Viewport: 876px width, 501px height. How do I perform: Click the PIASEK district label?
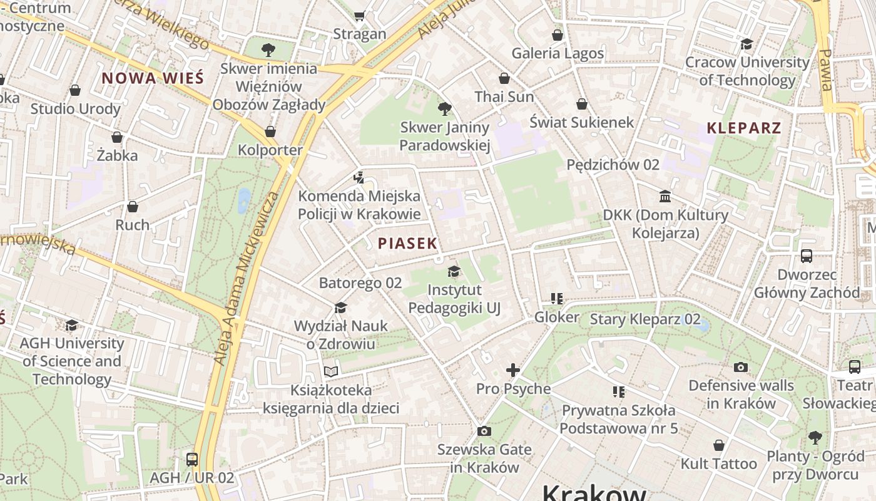(x=407, y=244)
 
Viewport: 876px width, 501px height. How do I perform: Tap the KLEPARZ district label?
(x=743, y=128)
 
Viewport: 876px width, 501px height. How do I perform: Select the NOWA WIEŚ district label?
(x=153, y=78)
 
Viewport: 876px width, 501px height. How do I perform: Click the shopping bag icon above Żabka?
(x=117, y=137)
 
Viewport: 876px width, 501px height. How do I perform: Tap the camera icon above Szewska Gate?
(x=484, y=431)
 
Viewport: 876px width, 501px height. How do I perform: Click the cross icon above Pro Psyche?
(x=513, y=370)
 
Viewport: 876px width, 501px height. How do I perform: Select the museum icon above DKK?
(x=665, y=197)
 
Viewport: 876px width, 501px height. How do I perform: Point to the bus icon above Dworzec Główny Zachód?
(x=807, y=256)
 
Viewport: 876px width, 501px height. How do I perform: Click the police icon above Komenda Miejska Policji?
(x=359, y=178)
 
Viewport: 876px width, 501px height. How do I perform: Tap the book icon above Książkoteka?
(x=330, y=372)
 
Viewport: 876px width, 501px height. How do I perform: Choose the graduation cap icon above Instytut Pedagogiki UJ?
(x=454, y=271)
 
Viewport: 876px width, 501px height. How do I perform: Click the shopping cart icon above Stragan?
(x=359, y=16)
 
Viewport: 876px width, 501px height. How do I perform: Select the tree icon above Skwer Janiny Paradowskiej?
(x=444, y=109)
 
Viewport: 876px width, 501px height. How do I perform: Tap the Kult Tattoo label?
(x=719, y=464)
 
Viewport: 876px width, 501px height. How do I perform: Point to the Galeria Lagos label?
(x=558, y=53)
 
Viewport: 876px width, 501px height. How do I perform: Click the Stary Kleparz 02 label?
(x=645, y=319)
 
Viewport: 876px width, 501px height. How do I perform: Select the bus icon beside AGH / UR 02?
(x=192, y=459)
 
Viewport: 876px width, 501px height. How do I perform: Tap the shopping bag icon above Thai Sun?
(x=504, y=78)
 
